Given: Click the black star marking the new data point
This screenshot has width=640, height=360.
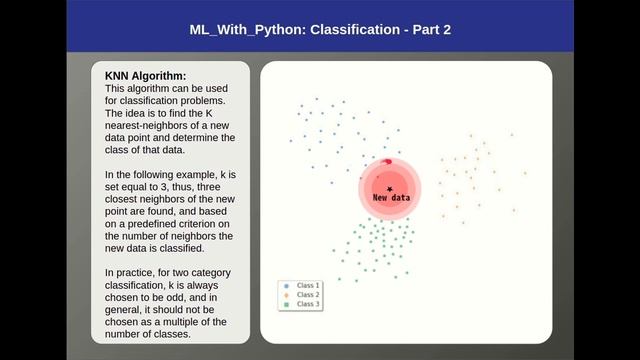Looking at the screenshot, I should click(x=389, y=188).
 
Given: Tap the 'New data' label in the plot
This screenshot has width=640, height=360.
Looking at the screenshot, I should click(x=391, y=198).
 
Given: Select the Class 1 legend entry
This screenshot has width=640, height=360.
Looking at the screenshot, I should click(x=308, y=286).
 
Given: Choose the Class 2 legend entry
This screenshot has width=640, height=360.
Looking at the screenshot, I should click(x=308, y=295).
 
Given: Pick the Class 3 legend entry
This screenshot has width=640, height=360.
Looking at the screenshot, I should click(x=308, y=304).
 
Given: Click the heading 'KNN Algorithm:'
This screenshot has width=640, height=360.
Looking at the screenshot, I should click(x=145, y=76).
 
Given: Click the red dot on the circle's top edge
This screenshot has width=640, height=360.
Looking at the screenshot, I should click(x=387, y=162).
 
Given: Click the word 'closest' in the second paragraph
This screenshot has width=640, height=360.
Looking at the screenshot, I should click(x=126, y=199).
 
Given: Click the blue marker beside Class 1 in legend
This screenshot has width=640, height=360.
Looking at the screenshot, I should click(x=287, y=286).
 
